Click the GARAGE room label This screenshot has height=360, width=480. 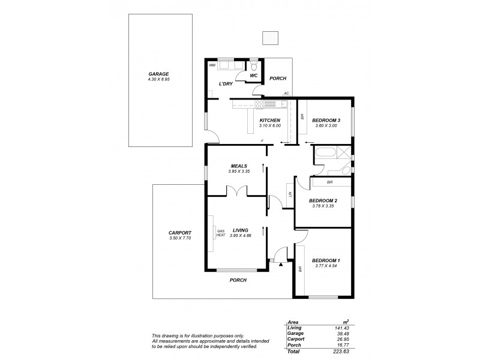(159, 74)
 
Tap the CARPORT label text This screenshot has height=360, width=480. (180, 233)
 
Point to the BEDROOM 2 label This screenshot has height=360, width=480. (323, 201)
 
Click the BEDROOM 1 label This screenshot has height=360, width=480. (326, 260)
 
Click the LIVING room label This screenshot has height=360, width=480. (241, 230)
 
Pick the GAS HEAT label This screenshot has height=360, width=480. (220, 233)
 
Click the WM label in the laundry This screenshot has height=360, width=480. (212, 64)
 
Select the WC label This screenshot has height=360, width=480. (254, 76)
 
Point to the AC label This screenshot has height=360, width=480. (287, 94)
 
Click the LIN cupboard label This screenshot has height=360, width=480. (290, 194)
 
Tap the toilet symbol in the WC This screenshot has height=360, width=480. (254, 65)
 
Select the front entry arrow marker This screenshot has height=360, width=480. (281, 262)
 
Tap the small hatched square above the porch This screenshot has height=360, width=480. (271, 37)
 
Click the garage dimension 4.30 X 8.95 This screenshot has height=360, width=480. (159, 79)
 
